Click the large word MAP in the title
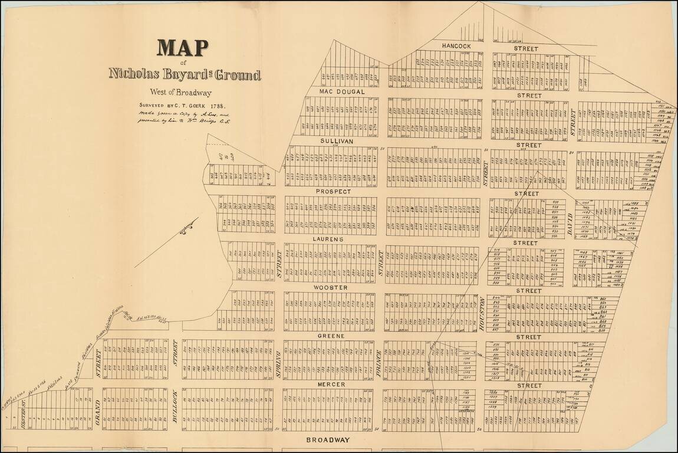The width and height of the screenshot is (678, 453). [182, 47]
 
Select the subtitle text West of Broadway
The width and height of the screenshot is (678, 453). [180, 92]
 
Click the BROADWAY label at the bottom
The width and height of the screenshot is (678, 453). [328, 440]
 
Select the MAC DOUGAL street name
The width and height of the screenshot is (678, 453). [343, 92]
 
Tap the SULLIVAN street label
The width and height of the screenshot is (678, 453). [336, 142]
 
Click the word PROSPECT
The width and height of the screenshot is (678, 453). [333, 192]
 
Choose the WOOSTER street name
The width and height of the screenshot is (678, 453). [330, 287]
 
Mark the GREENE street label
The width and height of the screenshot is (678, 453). [332, 336]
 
